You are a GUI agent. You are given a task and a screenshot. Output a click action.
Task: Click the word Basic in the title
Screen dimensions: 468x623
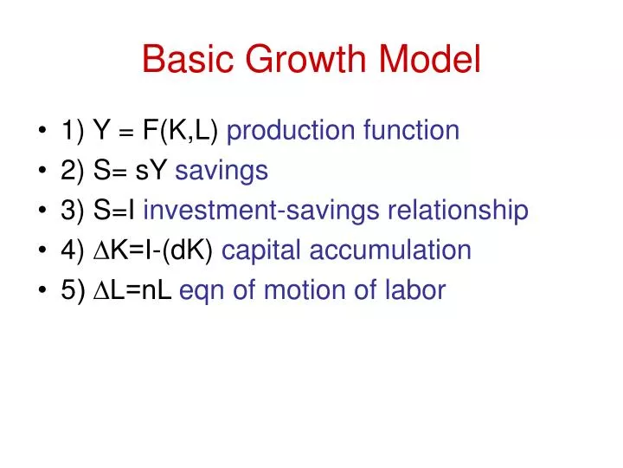(181, 58)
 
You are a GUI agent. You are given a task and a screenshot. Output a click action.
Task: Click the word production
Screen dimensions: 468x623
(291, 131)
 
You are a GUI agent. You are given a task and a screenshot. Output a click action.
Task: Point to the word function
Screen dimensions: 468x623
(411, 131)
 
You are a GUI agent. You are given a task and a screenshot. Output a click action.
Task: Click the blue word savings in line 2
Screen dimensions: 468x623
(222, 171)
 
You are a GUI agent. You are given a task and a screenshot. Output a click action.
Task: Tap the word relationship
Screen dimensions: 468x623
(458, 211)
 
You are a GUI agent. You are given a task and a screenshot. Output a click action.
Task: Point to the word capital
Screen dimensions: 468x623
(263, 250)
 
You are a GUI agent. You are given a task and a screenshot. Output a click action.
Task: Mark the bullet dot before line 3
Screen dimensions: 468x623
(42, 211)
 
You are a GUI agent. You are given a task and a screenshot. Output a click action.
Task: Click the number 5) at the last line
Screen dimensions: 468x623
(73, 290)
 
